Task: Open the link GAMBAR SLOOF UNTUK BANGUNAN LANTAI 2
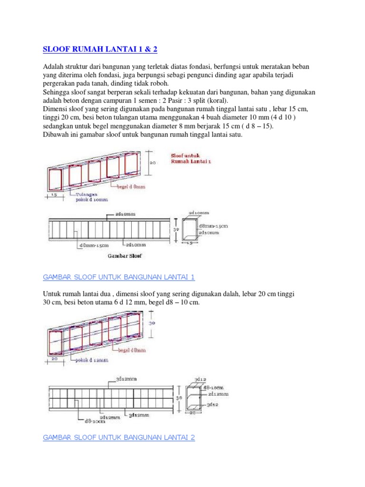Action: [x=119, y=438]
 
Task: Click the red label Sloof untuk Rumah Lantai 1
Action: [x=191, y=158]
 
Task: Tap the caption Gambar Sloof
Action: [x=123, y=255]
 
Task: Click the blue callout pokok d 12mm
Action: [x=92, y=360]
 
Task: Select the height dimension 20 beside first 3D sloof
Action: [x=153, y=162]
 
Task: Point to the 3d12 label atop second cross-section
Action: [x=201, y=379]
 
